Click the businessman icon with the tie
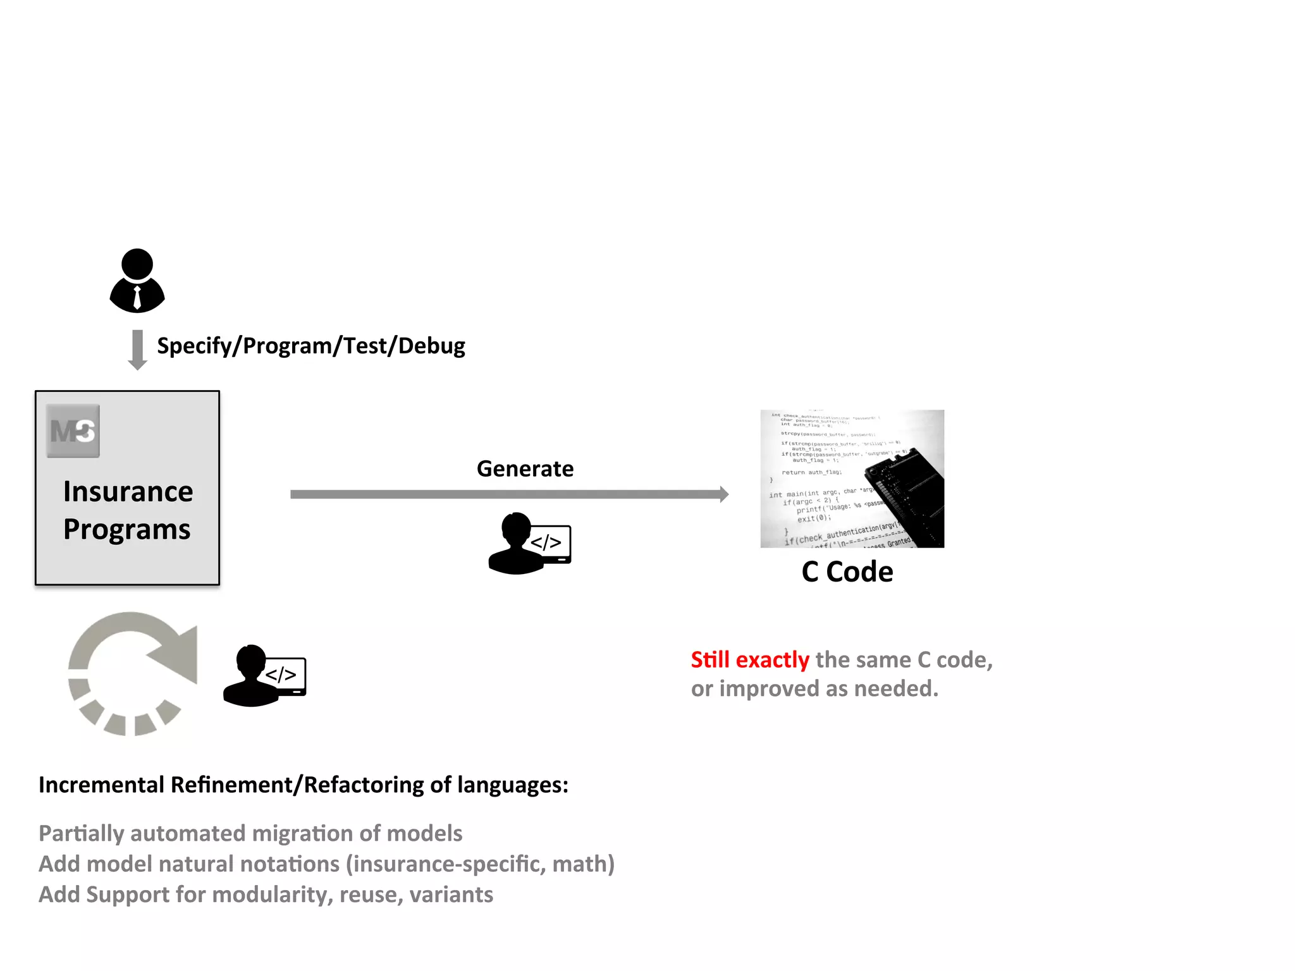137,281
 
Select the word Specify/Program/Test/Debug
310,346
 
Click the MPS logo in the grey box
73,431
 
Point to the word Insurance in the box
128,492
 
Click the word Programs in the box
126,529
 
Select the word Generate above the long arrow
525,469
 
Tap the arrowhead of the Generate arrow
723,494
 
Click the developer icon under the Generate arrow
529,544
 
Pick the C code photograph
852,479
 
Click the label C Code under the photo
847,572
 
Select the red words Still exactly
749,660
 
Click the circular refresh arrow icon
132,673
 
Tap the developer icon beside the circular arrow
264,676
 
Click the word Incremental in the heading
101,785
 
